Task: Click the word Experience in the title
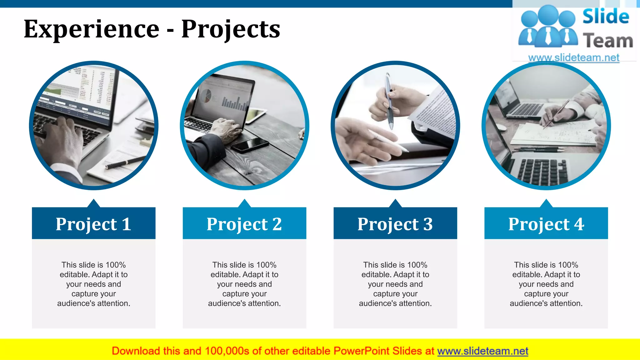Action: coord(92,29)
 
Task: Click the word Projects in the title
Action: coord(231,29)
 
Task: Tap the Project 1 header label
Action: coord(93,224)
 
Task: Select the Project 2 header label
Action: coord(244,224)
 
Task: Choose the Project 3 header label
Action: coord(395,224)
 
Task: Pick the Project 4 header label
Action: coord(546,224)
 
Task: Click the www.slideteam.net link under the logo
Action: coord(573,57)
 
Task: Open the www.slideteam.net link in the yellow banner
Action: coord(482,351)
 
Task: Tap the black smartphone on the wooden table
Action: coord(250,144)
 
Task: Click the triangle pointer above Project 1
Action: coord(93,204)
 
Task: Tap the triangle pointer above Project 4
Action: coord(546,204)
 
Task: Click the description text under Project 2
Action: coord(244,284)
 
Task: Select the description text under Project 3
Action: coord(395,284)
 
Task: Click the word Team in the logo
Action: coord(607,41)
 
